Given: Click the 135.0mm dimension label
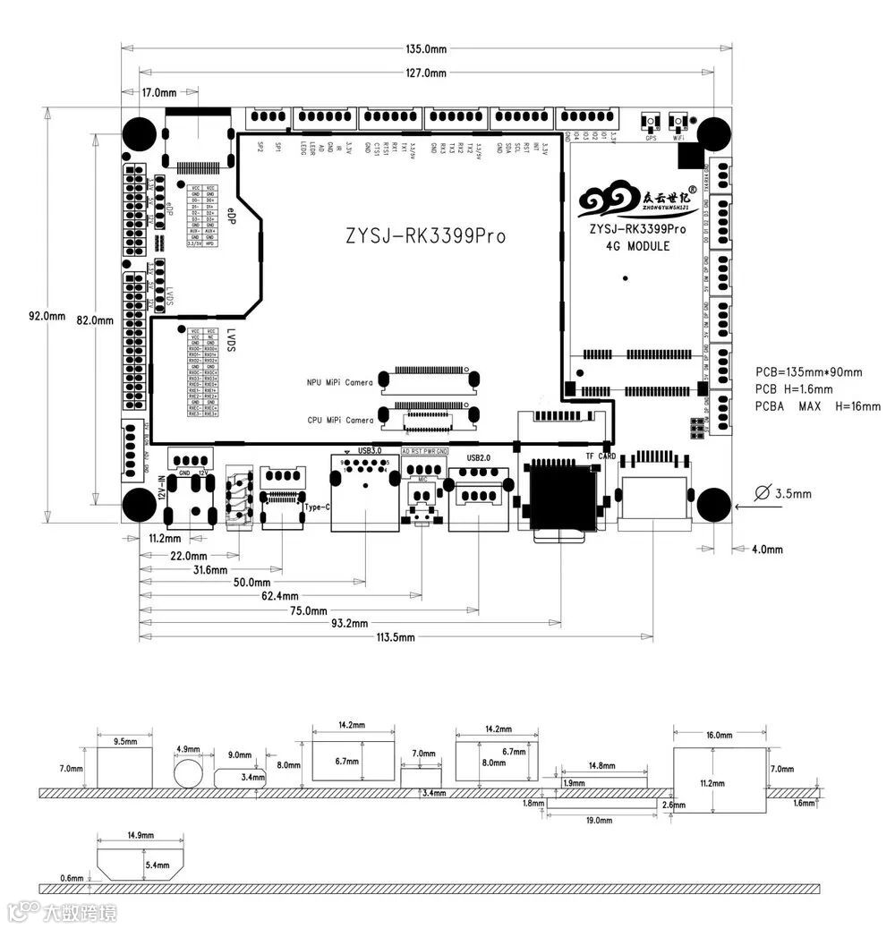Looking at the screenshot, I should [426, 49].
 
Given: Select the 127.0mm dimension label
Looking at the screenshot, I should [426, 72].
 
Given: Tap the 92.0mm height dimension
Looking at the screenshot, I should [47, 316].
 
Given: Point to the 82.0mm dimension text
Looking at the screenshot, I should [95, 320].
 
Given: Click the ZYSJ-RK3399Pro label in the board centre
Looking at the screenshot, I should [426, 236].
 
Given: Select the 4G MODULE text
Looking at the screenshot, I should [637, 246].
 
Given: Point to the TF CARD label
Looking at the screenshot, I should [601, 456].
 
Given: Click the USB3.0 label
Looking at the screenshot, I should [370, 450].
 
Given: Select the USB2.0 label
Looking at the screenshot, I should [480, 457].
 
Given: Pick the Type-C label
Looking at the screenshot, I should [317, 507].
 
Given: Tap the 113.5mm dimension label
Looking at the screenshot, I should [395, 636].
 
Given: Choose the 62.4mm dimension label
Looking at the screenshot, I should [278, 595].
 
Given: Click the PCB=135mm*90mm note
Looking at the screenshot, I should [808, 372].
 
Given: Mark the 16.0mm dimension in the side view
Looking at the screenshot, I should [719, 735].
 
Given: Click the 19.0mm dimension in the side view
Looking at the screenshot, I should [599, 819].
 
